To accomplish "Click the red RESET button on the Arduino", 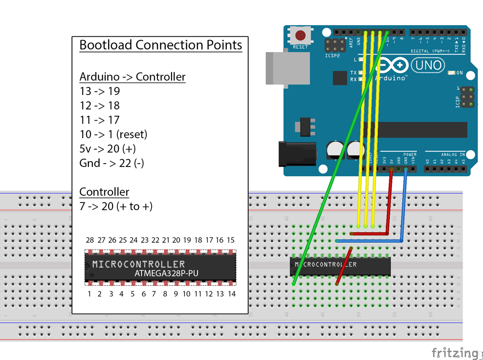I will pyautogui.click(x=300, y=36).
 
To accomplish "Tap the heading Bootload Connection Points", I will pyautogui.click(x=160, y=45).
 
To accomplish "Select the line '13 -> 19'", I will pyautogui.click(x=99, y=91).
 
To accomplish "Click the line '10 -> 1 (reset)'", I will pyautogui.click(x=113, y=134).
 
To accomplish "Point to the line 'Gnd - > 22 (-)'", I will pyautogui.click(x=112, y=163).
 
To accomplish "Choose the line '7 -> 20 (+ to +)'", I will pyautogui.click(x=116, y=207).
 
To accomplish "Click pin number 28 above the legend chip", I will pyautogui.click(x=89, y=240).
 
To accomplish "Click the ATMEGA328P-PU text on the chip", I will pyautogui.click(x=166, y=273).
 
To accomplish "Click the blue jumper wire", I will pyautogui.click(x=404, y=208).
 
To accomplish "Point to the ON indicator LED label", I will pyautogui.click(x=459, y=73).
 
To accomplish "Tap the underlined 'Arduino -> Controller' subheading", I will pyautogui.click(x=132, y=77).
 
